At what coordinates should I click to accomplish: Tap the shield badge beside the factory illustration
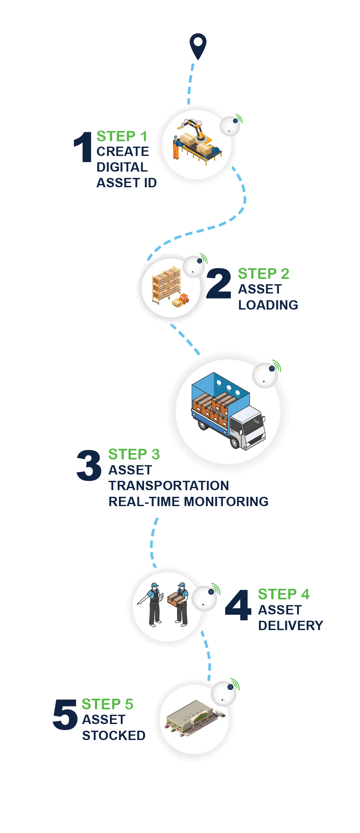coord(235,121)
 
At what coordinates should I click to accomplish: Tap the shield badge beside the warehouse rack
coord(200,261)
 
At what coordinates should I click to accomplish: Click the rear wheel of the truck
coord(202,425)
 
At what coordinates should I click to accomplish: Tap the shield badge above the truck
coord(272,369)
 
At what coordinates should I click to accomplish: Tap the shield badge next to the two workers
coord(211,592)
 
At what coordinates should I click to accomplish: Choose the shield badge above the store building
coord(230,687)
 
